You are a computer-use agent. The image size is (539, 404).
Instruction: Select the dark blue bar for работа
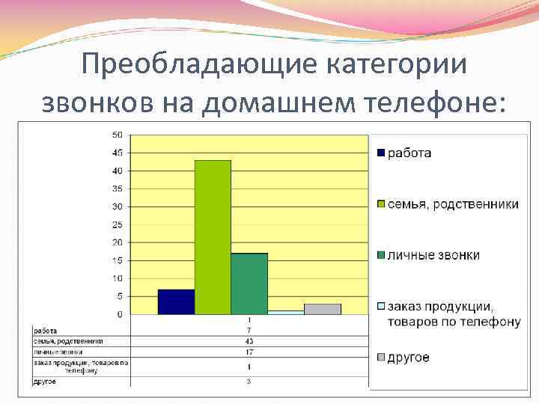click(x=176, y=302)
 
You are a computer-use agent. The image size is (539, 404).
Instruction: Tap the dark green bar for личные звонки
click(x=249, y=284)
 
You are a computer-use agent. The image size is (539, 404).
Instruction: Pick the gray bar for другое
click(x=323, y=309)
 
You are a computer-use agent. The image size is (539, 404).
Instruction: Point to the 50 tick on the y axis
click(x=118, y=135)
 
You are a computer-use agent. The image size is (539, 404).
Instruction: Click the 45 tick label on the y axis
click(x=118, y=153)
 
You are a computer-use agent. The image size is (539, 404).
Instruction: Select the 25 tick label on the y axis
click(x=118, y=224)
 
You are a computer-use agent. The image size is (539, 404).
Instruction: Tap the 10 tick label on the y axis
click(x=118, y=278)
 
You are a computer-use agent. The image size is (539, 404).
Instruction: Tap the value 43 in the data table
click(x=249, y=341)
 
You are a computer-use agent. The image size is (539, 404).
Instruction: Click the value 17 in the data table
click(x=249, y=351)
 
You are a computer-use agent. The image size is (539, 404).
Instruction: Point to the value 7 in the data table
click(x=249, y=330)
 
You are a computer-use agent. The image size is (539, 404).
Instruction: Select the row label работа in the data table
click(x=46, y=330)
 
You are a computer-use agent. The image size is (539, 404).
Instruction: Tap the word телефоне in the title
click(x=427, y=103)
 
